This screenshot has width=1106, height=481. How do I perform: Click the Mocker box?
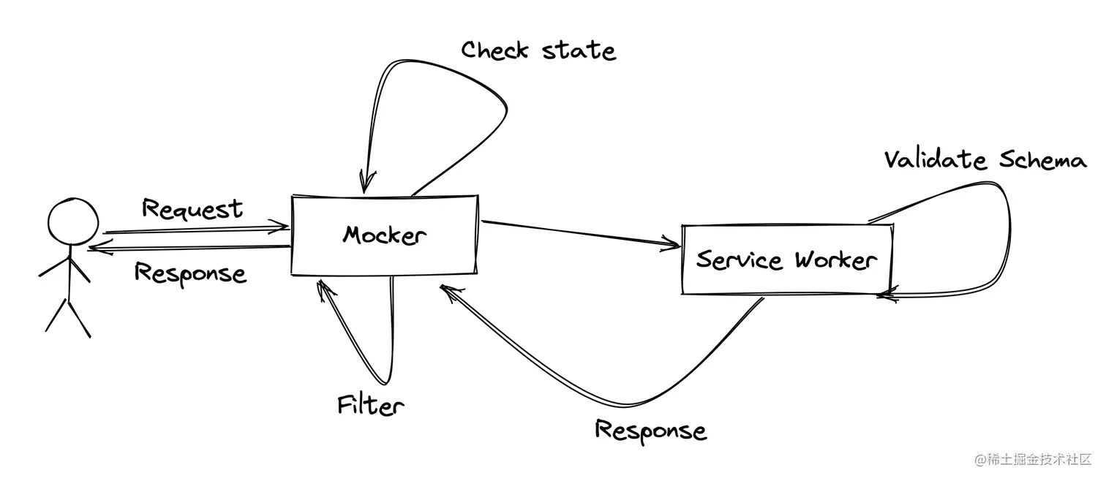point(385,235)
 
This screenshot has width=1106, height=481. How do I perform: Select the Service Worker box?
point(786,260)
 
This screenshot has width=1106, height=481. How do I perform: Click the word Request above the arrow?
point(192,209)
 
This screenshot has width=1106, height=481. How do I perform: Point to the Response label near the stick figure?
point(190,273)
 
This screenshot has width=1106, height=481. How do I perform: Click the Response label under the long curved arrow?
point(650,430)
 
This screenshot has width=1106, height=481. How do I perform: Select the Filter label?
point(370,405)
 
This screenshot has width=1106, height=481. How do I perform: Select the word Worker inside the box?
point(835,260)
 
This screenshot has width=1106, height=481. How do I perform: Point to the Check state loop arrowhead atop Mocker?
point(365,181)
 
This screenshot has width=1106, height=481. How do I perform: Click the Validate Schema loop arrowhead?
point(887,295)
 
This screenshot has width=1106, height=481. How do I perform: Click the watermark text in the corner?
point(1032,461)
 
